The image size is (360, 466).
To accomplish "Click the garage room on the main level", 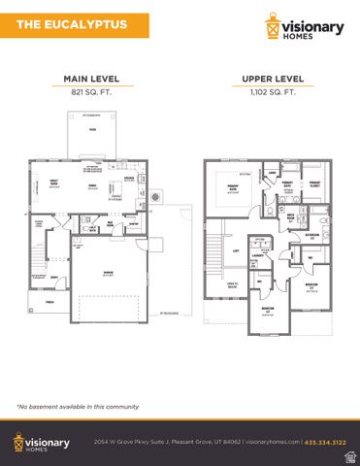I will [106, 276].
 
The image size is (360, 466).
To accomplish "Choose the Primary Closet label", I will [315, 183].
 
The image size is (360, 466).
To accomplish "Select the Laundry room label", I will [258, 256].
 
